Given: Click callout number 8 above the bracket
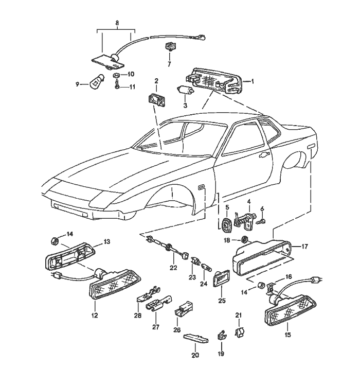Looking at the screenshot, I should tap(117, 23).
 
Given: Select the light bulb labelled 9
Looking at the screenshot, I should tap(97, 82).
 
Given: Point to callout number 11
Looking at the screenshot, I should tap(132, 86).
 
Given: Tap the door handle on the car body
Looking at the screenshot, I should tap(264, 154).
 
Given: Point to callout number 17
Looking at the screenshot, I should tap(304, 246).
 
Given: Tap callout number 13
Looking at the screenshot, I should tap(107, 241).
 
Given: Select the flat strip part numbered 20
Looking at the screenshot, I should tap(196, 338).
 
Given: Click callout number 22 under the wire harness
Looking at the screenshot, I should tap(173, 268).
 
